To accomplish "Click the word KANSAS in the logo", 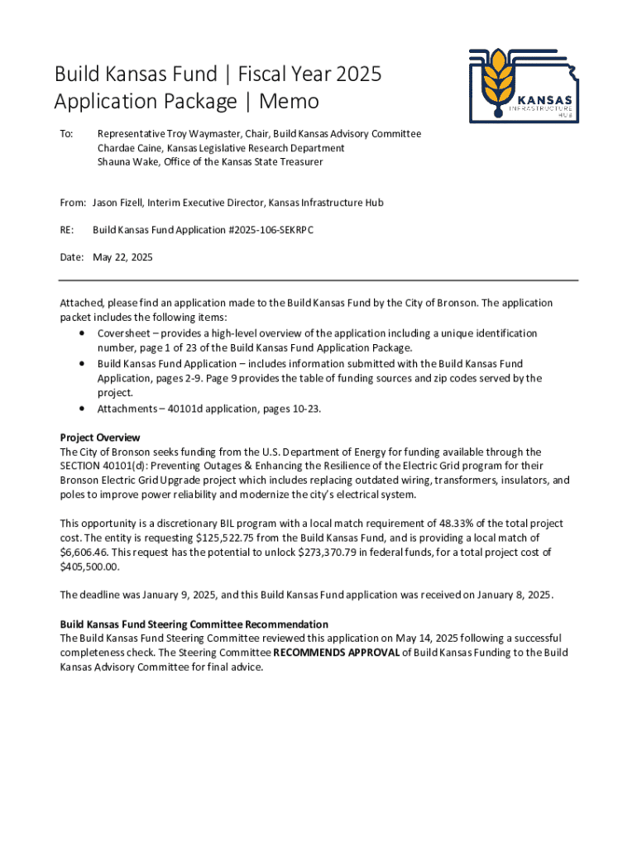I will [x=544, y=98].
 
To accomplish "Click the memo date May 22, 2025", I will [x=122, y=257].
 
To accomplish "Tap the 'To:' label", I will [x=67, y=134].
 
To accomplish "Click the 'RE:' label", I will [x=68, y=230].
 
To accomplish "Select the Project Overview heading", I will [x=100, y=438].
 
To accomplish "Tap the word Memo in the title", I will [x=289, y=102].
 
